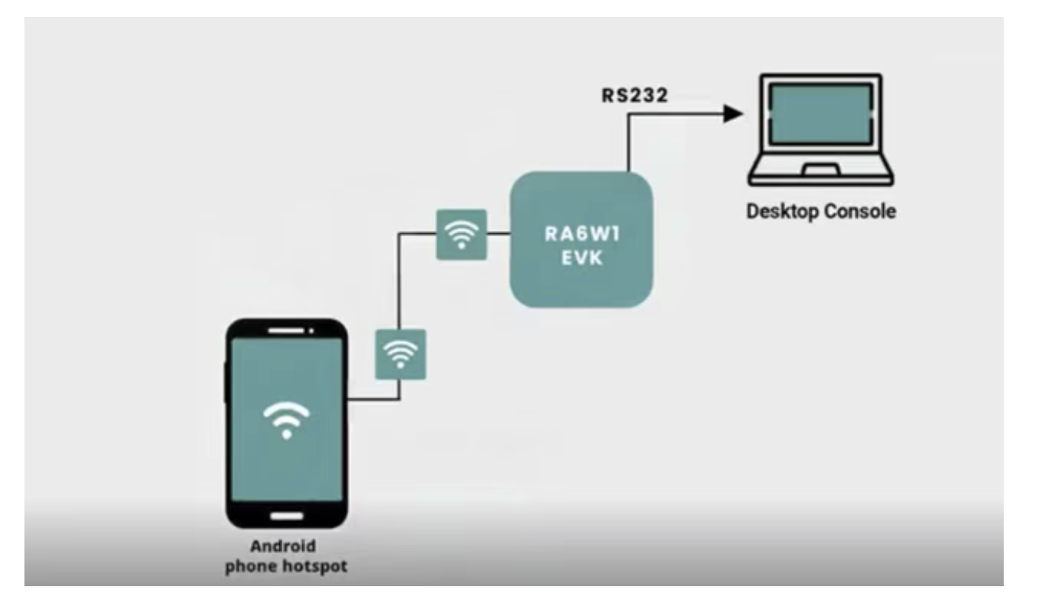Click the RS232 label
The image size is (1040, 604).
(635, 96)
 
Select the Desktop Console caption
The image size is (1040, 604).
(820, 212)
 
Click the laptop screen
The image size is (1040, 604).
(819, 113)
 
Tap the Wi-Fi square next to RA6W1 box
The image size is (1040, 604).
(461, 234)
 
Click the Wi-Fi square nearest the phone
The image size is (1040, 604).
(400, 354)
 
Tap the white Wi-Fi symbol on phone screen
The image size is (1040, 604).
(287, 420)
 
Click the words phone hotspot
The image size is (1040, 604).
(286, 567)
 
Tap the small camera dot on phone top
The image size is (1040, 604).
(312, 329)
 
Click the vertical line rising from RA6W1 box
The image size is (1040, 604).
(628, 144)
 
